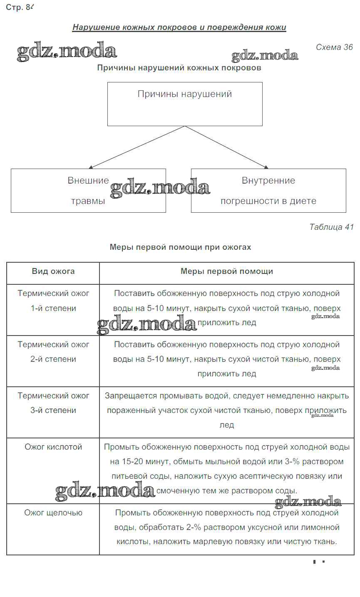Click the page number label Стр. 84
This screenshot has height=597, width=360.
tap(19, 7)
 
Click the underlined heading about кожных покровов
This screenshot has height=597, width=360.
tap(179, 27)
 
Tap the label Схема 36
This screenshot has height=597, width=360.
tap(334, 47)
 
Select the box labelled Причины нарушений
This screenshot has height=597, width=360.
tap(185, 104)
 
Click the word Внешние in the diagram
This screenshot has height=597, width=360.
tap(88, 181)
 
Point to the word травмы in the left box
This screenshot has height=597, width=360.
tap(88, 201)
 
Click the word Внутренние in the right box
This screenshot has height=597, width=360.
tap(268, 181)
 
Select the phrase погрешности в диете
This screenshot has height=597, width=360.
tap(268, 201)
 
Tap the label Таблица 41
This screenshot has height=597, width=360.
tap(331, 227)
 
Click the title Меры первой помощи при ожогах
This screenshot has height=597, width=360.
tap(180, 247)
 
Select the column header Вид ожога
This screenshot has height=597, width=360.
tap(53, 271)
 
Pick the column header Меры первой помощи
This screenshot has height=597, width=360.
tap(227, 271)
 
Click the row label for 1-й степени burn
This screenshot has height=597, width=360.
tap(53, 301)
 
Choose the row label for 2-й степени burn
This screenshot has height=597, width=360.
tap(53, 352)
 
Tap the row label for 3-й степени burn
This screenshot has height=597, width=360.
tap(53, 403)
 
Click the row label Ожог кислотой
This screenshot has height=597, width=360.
tap(53, 447)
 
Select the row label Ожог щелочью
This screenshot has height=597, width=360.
tap(53, 513)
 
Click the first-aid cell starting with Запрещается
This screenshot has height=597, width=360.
tap(227, 410)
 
